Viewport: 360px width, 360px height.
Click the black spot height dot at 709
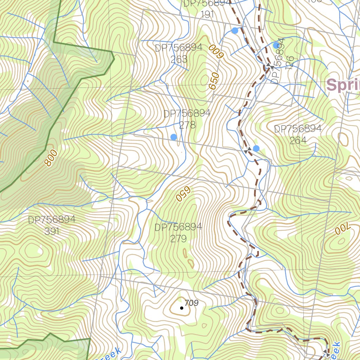click(181, 308)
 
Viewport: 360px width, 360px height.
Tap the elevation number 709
click(192, 303)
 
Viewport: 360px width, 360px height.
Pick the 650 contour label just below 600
click(214, 81)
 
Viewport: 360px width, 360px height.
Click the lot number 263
click(179, 59)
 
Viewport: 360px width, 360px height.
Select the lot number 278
click(187, 125)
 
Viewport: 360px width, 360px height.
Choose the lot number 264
click(298, 141)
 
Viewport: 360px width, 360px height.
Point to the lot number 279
click(178, 239)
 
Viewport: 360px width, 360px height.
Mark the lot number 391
click(52, 231)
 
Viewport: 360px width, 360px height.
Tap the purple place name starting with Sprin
click(343, 85)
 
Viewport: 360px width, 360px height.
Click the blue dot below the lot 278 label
click(174, 137)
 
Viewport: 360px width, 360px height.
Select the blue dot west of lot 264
click(256, 148)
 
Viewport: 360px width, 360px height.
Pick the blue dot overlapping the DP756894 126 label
click(276, 45)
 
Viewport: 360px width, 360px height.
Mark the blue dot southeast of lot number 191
click(235, 31)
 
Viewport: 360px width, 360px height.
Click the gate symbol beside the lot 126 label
click(270, 66)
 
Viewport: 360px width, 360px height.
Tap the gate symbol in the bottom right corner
click(327, 354)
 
